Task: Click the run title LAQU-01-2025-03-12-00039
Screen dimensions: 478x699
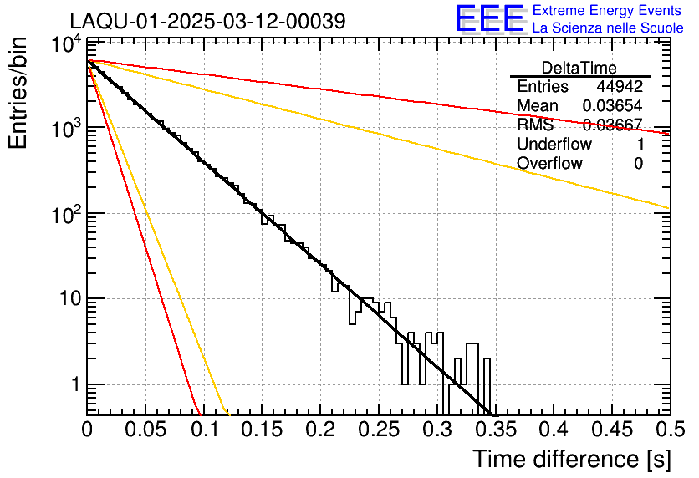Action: pos(207,21)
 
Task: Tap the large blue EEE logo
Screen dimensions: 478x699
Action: pos(489,20)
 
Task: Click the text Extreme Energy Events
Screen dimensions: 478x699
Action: pos(607,11)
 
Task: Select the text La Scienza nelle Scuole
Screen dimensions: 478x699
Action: pos(607,28)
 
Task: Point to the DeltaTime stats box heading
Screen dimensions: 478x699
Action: pos(579,68)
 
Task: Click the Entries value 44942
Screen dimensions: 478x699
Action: pos(620,87)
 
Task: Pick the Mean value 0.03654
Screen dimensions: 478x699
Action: pos(612,106)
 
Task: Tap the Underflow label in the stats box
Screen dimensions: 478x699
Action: pos(554,145)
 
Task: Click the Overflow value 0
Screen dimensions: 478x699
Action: pos(638,164)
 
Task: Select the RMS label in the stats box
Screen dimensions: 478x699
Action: pos(535,125)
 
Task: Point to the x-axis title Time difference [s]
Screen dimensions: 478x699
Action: pos(570,459)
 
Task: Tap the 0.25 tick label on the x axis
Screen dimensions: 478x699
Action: pos(378,430)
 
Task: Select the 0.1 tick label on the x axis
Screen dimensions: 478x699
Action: pos(203,430)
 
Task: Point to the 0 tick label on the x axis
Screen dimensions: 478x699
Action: pos(87,430)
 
